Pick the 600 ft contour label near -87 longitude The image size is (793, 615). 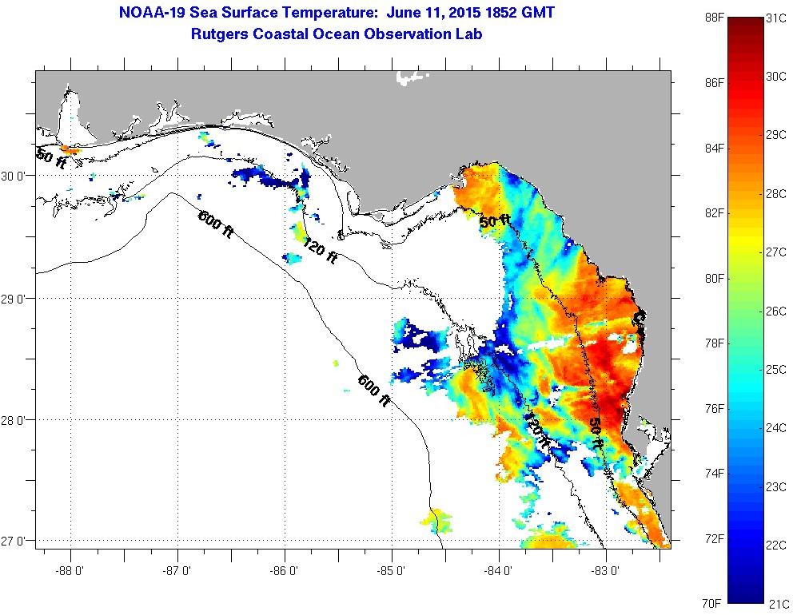215,221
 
